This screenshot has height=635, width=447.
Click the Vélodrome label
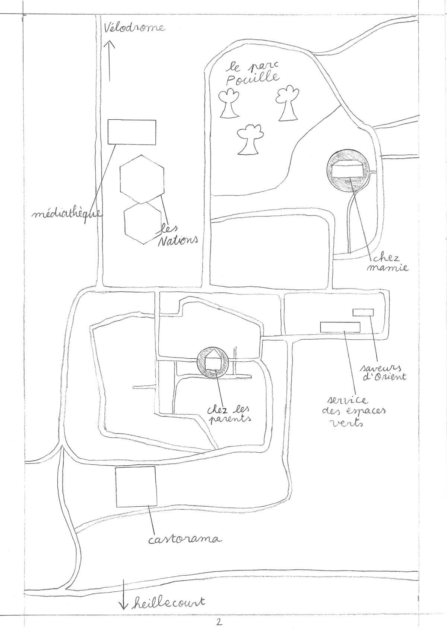(134, 28)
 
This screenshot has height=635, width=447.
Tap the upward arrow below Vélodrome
(110, 61)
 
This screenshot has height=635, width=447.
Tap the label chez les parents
(229, 416)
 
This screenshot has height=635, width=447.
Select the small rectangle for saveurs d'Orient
(363, 312)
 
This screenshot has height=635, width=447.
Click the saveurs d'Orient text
(383, 372)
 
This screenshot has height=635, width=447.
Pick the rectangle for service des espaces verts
(340, 327)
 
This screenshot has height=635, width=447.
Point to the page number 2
(219, 622)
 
